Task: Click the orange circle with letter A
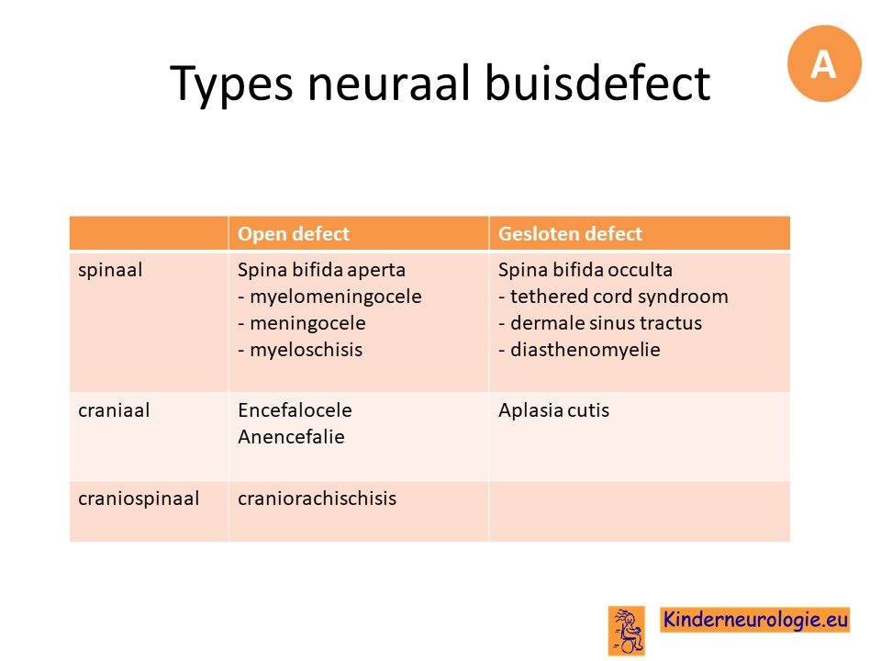(x=824, y=63)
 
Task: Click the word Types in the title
(x=231, y=84)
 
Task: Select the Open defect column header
(x=294, y=234)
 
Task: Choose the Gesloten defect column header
(x=570, y=234)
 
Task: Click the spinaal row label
(x=110, y=270)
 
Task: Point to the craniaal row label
(x=114, y=410)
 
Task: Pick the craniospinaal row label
(x=139, y=499)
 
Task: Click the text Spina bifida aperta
(x=321, y=270)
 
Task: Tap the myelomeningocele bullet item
(x=329, y=297)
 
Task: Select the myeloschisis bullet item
(x=300, y=350)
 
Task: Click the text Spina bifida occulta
(x=585, y=270)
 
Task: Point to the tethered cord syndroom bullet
(x=613, y=297)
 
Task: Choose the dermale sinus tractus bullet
(x=600, y=323)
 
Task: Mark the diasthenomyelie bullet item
(x=579, y=350)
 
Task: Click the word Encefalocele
(x=295, y=410)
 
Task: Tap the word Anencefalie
(x=291, y=437)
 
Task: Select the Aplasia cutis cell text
(x=553, y=410)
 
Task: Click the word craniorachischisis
(x=317, y=499)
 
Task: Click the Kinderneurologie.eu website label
(x=754, y=620)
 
